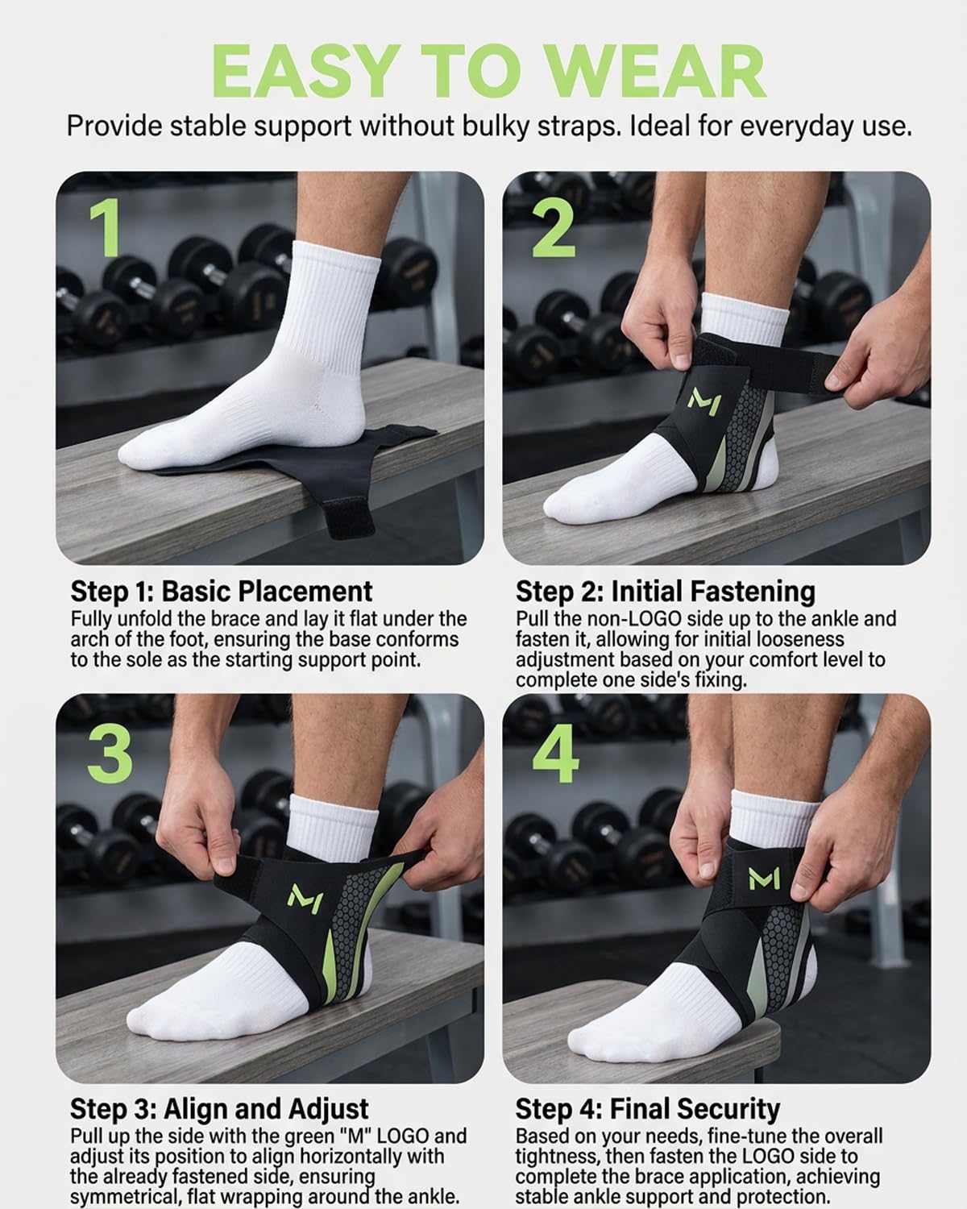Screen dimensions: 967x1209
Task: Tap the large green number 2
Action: (x=554, y=228)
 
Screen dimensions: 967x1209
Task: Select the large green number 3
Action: (x=110, y=754)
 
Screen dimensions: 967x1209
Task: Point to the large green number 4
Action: (x=555, y=754)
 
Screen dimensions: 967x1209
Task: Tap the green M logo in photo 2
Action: (x=704, y=401)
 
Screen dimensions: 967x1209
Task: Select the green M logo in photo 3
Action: (x=305, y=898)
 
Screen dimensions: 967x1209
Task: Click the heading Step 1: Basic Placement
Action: (x=222, y=591)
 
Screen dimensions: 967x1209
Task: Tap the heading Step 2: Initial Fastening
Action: (x=666, y=592)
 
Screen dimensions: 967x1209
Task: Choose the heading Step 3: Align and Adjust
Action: (x=219, y=1109)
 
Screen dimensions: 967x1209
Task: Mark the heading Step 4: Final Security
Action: (x=648, y=1110)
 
